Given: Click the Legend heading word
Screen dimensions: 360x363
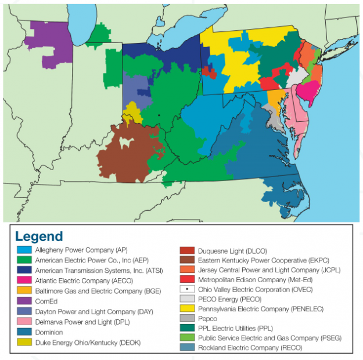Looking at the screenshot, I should (x=39, y=236).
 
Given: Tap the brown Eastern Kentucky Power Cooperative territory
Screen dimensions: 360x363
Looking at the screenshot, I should (x=125, y=154).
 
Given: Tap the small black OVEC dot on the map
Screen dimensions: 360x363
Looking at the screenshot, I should (x=159, y=115).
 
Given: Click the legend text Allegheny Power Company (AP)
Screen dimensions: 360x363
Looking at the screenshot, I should (x=81, y=250).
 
